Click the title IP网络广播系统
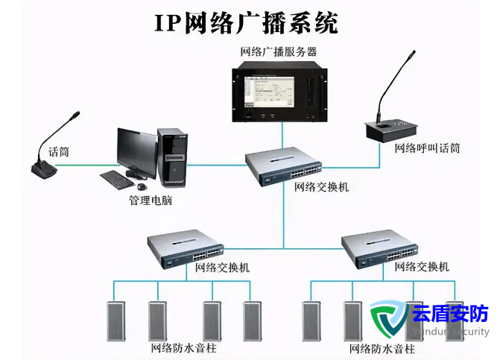click(246, 22)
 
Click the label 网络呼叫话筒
click(427, 148)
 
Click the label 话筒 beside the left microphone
click(59, 151)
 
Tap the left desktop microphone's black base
click(43, 171)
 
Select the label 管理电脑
click(150, 200)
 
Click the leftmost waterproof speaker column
click(116, 320)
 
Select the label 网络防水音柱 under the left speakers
click(183, 348)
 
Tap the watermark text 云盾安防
click(451, 315)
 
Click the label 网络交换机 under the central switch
click(321, 187)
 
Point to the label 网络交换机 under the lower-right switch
click(421, 266)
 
